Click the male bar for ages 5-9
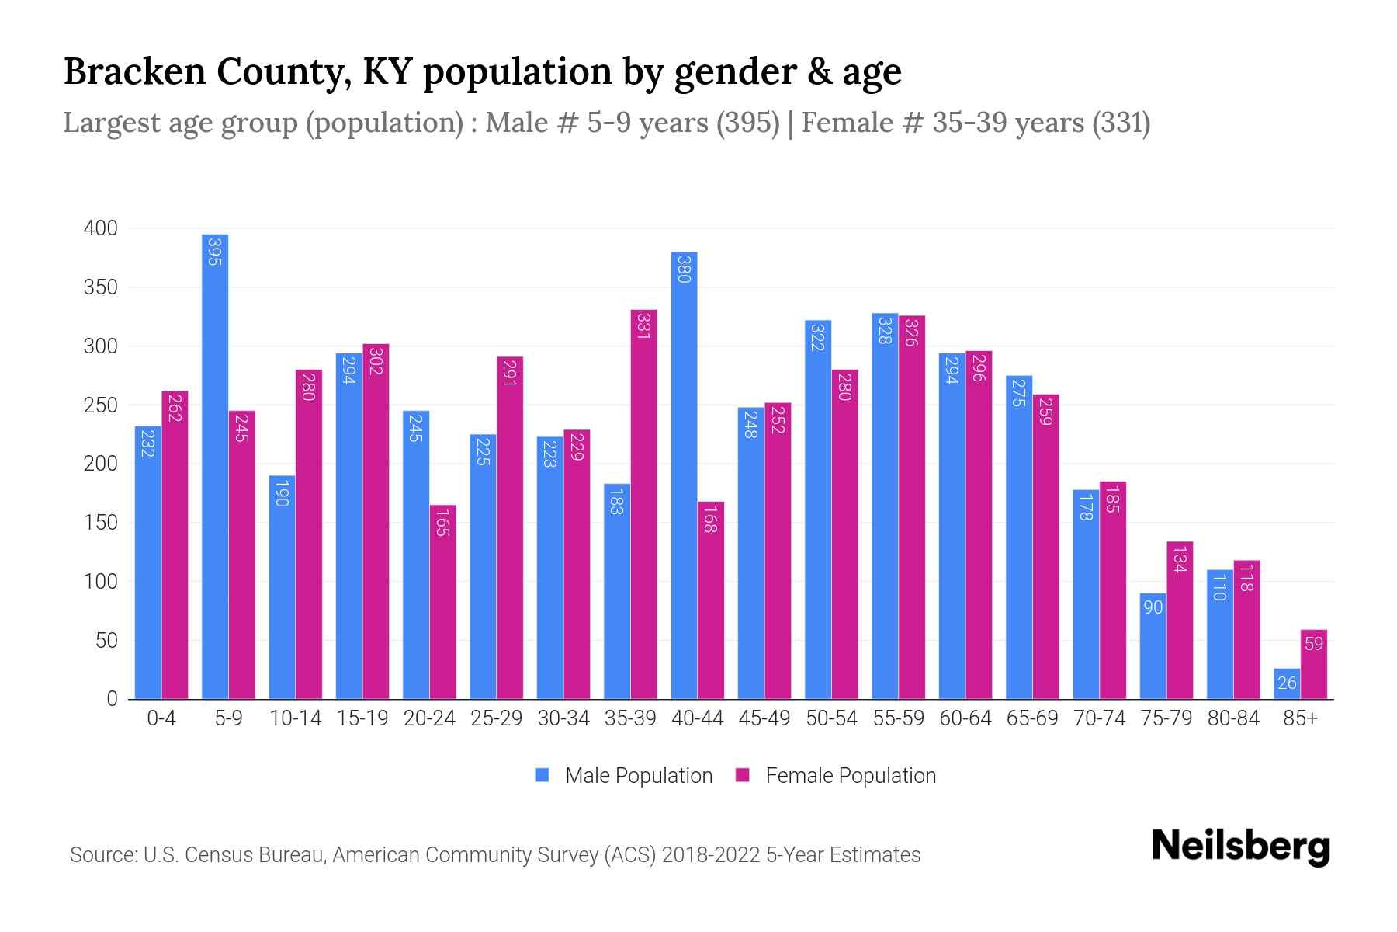215,466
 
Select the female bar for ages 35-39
643,505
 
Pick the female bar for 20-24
442,602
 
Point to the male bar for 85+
1287,684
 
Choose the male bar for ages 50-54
818,509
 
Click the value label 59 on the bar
1314,644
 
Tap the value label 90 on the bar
1153,607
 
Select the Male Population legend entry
623,776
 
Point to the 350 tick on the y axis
101,287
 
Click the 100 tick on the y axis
101,582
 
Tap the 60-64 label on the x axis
965,718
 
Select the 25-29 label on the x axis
496,718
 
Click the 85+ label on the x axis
1300,718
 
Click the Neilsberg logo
1241,847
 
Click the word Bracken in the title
134,71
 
